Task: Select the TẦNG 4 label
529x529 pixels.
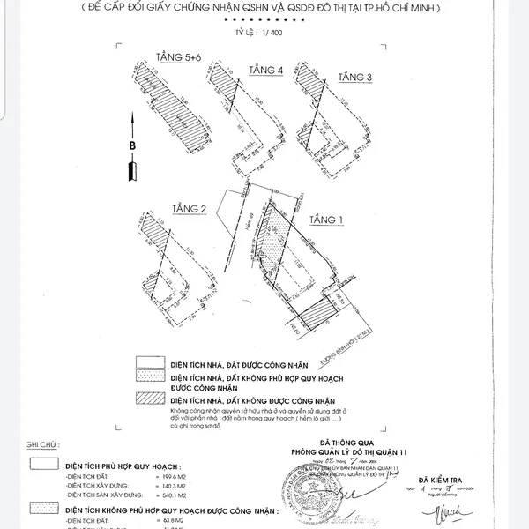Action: pos(265,70)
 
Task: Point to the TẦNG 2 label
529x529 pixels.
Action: pos(190,208)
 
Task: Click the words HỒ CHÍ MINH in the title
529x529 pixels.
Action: pos(414,8)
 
